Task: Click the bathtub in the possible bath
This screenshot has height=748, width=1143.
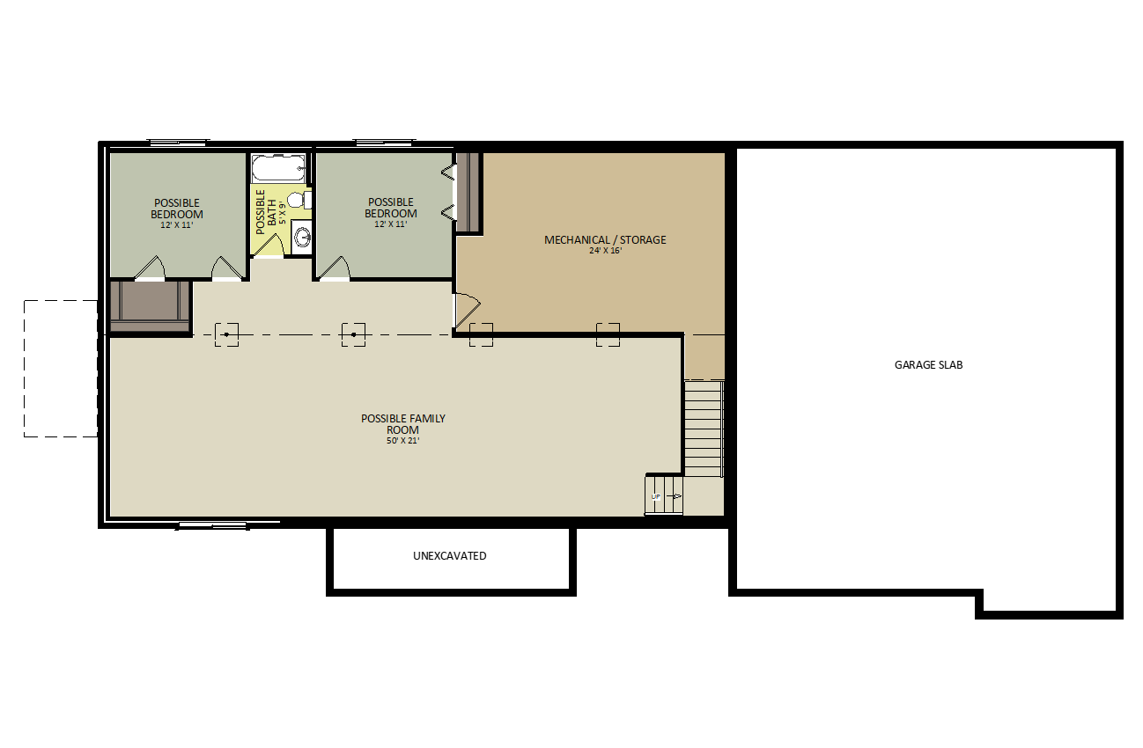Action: click(x=279, y=168)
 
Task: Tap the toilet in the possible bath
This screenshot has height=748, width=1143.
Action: click(x=299, y=200)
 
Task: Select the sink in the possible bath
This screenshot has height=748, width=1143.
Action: click(x=302, y=237)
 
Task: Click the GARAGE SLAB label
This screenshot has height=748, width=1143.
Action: click(x=928, y=365)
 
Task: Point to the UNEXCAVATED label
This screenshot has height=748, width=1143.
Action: click(x=450, y=556)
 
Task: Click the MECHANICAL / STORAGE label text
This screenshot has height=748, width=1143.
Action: click(x=605, y=239)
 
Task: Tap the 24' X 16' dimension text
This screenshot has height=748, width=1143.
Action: click(x=605, y=251)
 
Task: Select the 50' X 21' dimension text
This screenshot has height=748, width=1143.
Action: click(x=402, y=441)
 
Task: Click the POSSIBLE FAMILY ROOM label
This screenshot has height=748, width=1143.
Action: click(x=403, y=424)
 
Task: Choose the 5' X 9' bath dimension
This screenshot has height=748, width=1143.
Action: click(x=282, y=213)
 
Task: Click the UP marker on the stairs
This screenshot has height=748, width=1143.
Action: click(x=656, y=496)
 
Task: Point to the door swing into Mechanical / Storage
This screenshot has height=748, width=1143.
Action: click(x=467, y=310)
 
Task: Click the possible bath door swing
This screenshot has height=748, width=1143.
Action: click(x=268, y=245)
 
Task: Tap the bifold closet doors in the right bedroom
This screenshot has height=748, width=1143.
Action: click(x=448, y=193)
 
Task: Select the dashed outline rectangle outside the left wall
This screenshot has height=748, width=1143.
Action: click(x=61, y=368)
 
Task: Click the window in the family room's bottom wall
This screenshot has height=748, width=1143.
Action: click(x=212, y=525)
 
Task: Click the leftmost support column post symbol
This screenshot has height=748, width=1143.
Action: click(x=226, y=334)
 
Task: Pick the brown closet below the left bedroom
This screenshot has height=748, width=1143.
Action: click(x=150, y=307)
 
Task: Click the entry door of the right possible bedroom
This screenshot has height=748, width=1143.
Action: click(x=334, y=268)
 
